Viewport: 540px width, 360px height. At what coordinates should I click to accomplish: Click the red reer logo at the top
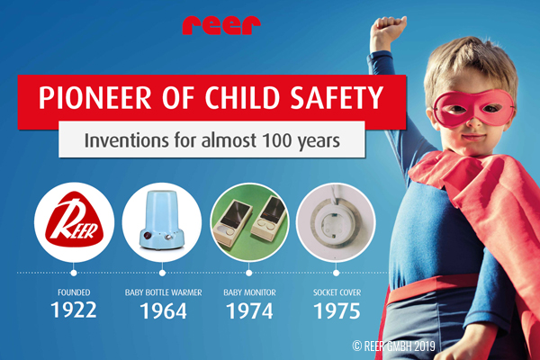pos(221,25)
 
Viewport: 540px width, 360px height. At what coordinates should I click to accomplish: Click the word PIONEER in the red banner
pos(94,97)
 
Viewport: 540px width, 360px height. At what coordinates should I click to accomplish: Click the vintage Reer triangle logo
pos(75,220)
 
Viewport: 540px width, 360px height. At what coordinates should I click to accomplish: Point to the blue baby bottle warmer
pos(161,220)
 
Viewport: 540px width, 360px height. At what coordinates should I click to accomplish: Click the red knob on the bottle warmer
pos(147,236)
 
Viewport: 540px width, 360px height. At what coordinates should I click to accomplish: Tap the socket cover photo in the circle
pos(336,222)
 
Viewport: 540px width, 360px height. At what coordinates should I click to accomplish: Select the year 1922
pos(74,310)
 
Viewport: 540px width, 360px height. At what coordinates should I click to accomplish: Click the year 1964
pos(163,311)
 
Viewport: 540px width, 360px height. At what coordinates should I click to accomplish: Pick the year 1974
pos(249,311)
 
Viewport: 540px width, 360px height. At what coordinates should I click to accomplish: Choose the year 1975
pos(337,311)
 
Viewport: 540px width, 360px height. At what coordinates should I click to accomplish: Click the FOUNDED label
pos(74,292)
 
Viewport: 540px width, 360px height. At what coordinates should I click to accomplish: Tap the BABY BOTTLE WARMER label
pos(163,292)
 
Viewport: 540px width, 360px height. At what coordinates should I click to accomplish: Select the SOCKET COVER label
pos(337,292)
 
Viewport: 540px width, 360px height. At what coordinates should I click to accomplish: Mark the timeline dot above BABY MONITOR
pos(249,273)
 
